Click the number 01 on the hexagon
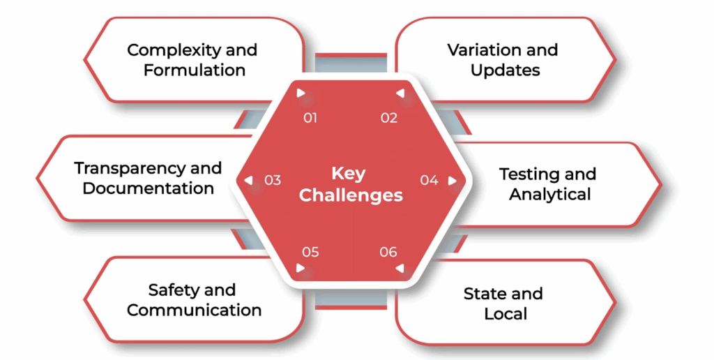click(310, 118)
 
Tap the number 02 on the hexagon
click(389, 118)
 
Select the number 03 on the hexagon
click(273, 180)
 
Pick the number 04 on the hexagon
click(429, 180)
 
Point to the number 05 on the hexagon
click(310, 252)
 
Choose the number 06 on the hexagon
click(388, 252)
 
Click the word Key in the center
click(348, 173)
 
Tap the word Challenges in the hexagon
click(351, 195)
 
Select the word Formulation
click(195, 70)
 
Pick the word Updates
click(505, 70)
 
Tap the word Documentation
click(148, 188)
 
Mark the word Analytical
click(550, 194)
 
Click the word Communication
click(195, 310)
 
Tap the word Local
click(506, 314)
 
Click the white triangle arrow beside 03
click(248, 180)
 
